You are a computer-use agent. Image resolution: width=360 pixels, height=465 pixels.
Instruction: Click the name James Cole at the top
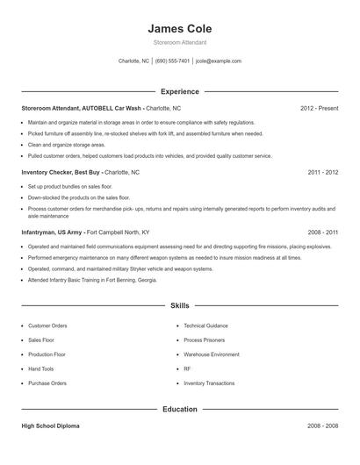tap(180, 29)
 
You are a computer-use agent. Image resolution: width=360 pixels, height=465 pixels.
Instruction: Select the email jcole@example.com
tap(219, 61)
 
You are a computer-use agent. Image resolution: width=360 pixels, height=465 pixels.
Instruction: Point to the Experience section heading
tap(180, 91)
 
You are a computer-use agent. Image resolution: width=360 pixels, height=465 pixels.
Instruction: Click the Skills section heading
tap(180, 305)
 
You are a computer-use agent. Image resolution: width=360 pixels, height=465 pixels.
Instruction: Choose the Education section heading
tap(180, 409)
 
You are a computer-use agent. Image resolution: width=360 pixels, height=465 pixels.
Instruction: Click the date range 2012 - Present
tap(319, 108)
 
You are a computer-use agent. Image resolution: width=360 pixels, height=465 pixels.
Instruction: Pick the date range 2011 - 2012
tap(323, 173)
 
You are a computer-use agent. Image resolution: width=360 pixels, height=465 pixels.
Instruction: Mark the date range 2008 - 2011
tap(323, 232)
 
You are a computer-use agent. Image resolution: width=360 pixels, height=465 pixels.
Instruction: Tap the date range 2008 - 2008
tap(323, 426)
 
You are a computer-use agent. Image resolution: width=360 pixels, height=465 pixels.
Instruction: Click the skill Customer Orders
tap(47, 325)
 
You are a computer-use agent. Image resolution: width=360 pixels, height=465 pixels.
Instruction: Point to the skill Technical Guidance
tap(206, 325)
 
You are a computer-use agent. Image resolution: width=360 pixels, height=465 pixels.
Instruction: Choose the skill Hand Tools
tap(40, 368)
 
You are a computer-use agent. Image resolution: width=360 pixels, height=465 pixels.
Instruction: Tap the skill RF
tap(187, 368)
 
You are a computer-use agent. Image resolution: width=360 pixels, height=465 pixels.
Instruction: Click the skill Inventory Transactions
tap(209, 383)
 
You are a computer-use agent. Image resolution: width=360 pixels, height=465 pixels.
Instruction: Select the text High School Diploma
tap(50, 426)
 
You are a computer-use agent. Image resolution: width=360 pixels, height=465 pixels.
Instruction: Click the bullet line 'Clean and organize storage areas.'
tap(67, 144)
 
